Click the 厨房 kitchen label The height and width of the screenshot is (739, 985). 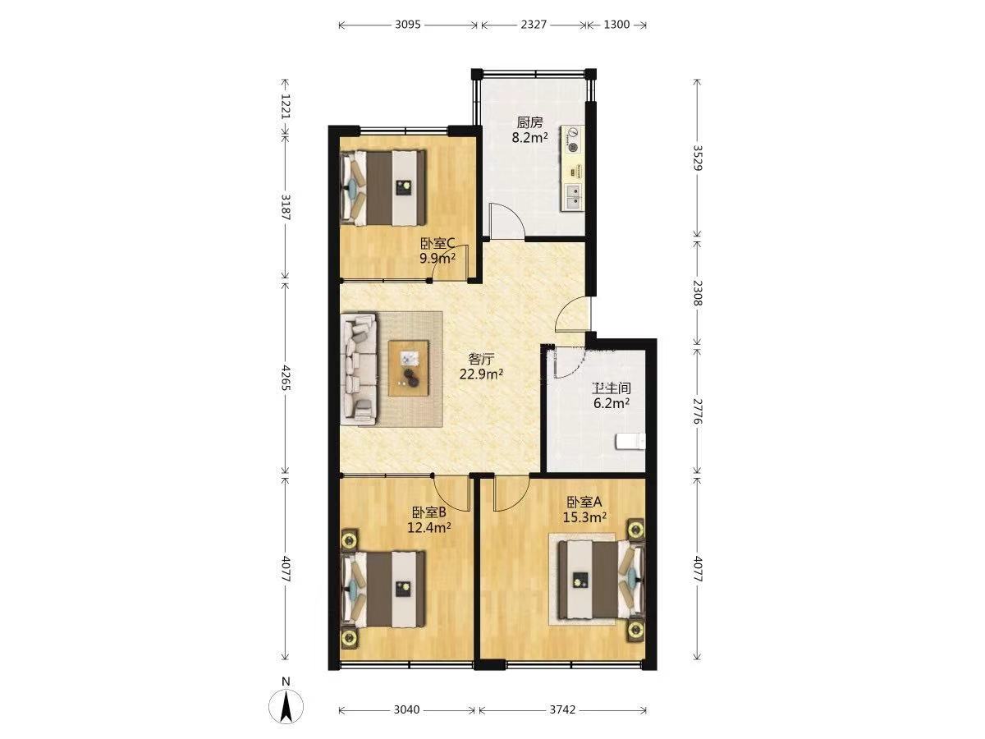pos(530,122)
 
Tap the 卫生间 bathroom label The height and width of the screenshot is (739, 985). pos(612,388)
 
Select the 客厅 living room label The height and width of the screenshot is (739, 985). pos(482,359)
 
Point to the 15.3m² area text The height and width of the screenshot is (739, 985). pos(585,517)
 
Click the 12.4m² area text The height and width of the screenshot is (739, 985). pos(429,527)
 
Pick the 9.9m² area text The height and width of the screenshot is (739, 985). pos(438,259)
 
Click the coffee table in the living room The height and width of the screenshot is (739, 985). pos(408,369)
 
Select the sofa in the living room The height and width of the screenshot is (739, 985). pos(358,369)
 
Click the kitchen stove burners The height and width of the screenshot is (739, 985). pos(573,140)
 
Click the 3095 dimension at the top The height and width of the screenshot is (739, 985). pos(407,25)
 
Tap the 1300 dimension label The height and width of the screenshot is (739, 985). pos(616,25)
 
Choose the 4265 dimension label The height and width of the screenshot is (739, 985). pos(286,379)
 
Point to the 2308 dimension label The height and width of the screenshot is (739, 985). pos(697,292)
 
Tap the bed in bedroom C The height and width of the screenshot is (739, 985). pos(383,187)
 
